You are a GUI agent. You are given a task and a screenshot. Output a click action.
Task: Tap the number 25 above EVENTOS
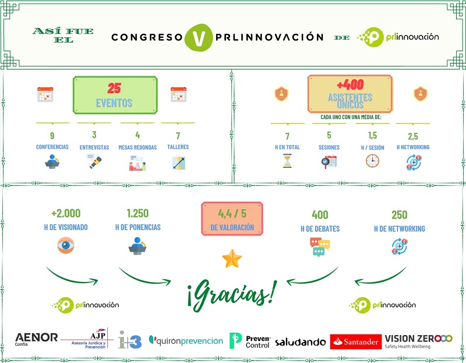pyautogui.click(x=114, y=88)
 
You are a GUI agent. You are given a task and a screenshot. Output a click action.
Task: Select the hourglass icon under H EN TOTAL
pyautogui.click(x=287, y=161)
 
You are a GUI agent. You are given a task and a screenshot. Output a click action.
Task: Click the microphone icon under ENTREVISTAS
pyautogui.click(x=94, y=162)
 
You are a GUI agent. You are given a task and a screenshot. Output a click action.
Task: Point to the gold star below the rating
pyautogui.click(x=232, y=258)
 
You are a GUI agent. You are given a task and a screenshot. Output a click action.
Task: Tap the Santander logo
pyautogui.click(x=356, y=341)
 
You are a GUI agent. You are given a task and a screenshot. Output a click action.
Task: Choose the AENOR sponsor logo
pyautogui.click(x=36, y=339)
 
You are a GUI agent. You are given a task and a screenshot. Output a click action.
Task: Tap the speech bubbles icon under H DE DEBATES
pyautogui.click(x=320, y=246)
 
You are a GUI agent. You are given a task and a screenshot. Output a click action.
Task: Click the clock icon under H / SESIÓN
pyautogui.click(x=372, y=161)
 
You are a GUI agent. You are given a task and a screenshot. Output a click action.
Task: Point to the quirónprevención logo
pyautogui.click(x=186, y=340)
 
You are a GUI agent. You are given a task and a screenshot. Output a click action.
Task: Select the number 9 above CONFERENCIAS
pyautogui.click(x=52, y=136)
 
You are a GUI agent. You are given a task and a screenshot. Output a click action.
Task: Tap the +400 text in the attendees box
pyautogui.click(x=349, y=85)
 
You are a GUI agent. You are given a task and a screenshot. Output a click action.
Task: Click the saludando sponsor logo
pyautogui.click(x=300, y=342)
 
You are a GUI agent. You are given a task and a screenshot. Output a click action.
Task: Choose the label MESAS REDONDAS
pyautogui.click(x=137, y=147)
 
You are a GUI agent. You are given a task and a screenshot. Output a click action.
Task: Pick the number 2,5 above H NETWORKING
pyautogui.click(x=412, y=136)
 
